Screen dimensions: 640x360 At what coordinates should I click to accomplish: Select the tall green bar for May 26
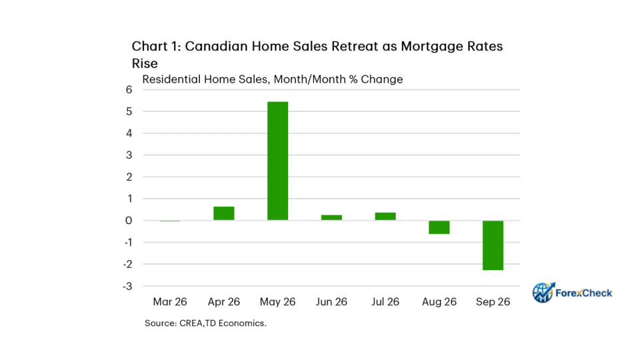pos(277,161)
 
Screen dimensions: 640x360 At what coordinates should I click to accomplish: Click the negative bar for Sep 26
pos(493,245)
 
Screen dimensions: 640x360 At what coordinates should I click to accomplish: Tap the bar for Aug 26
pos(439,227)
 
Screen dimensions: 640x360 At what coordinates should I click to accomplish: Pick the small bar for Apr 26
pos(224,213)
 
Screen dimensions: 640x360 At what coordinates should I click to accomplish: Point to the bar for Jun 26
pos(331,217)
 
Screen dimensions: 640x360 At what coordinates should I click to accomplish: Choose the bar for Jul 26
pos(385,216)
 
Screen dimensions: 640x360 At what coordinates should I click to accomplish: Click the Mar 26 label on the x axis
pos(170,301)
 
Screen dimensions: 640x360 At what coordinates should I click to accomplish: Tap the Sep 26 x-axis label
pos(493,301)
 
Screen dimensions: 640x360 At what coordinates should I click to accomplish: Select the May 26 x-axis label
pos(277,301)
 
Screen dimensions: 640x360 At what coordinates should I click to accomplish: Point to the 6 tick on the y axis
pos(129,89)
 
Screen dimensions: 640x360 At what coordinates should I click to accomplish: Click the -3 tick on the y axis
pos(128,286)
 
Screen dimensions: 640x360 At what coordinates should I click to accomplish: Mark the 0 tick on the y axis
pos(129,221)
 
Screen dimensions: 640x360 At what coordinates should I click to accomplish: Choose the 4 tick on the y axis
pos(129,133)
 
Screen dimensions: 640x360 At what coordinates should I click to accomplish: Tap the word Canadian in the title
pos(216,46)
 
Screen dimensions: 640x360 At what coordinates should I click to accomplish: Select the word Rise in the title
pos(145,64)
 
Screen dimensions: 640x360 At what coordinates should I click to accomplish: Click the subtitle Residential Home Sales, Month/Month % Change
pos(272,79)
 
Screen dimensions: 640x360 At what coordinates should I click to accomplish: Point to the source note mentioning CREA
pos(205,323)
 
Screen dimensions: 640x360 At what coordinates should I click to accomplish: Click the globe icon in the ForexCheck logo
pos(543,293)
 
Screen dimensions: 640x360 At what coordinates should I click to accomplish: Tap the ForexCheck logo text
pos(584,293)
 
